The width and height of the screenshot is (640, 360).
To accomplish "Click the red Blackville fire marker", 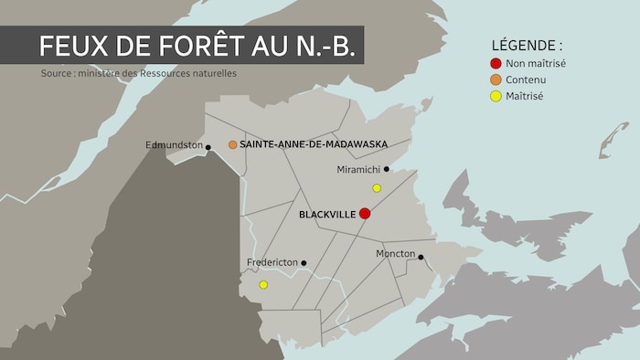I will (364, 213).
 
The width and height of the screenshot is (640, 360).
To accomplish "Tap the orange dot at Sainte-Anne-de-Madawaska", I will (233, 144).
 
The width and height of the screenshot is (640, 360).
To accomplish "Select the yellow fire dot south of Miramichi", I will (376, 188).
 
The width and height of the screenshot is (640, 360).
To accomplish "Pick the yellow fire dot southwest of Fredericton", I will (263, 284).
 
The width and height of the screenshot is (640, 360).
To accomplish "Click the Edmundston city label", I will (174, 144).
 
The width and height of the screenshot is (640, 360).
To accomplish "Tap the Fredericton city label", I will (272, 262).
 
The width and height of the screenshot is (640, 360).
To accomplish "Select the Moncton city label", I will (396, 253).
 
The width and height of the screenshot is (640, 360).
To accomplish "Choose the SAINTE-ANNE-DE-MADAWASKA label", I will (314, 144).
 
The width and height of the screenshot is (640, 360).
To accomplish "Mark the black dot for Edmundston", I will (208, 147).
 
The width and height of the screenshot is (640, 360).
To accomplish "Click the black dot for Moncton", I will (421, 257).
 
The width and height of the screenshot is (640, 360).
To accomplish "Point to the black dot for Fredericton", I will (304, 263).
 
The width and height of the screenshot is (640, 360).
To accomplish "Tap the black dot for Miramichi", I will (387, 169).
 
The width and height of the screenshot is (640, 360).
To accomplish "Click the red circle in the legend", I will (496, 63).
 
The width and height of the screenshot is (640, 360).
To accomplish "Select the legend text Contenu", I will (529, 79).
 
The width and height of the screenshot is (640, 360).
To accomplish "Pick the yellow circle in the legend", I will (496, 96).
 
